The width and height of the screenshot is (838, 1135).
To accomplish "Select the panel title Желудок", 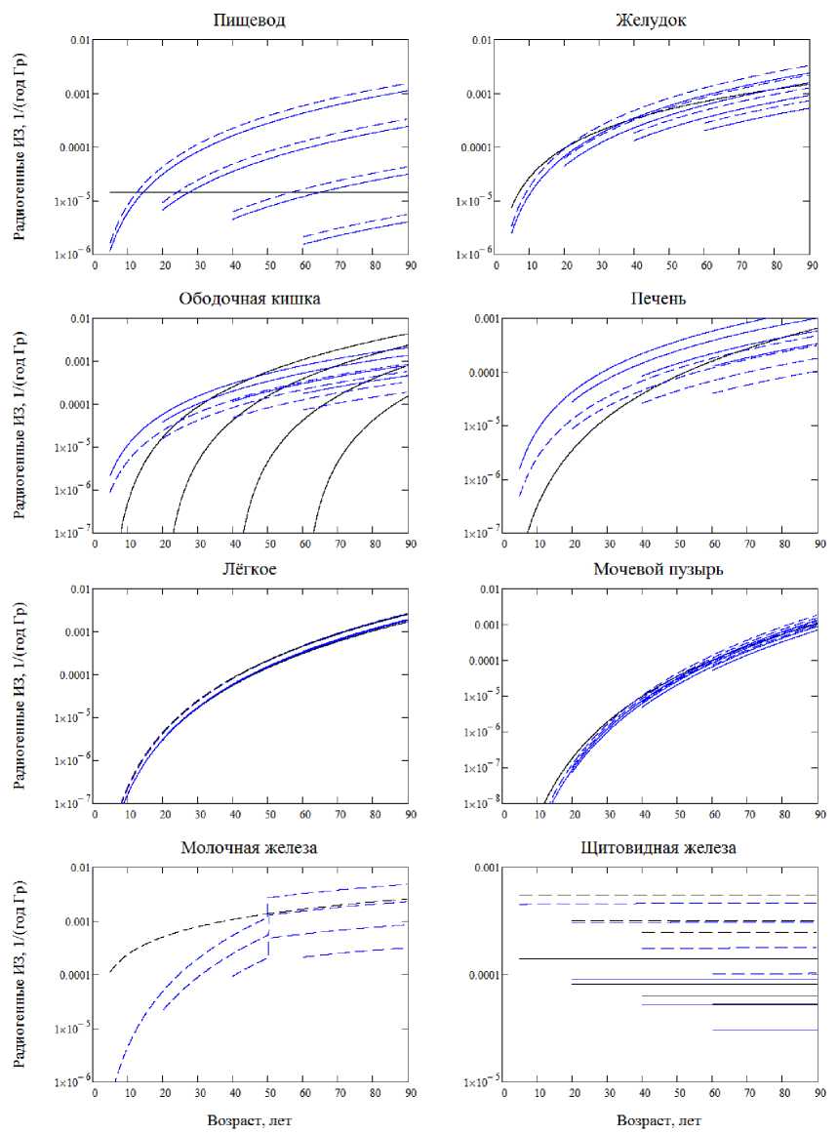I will tap(659, 20).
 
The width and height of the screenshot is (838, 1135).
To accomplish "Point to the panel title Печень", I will tap(659, 298).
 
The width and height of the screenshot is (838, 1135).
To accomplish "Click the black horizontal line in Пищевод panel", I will tap(293, 192).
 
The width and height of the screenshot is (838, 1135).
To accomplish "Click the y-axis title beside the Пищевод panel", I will tap(20, 146).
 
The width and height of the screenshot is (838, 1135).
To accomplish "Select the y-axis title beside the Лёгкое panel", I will tap(20, 697).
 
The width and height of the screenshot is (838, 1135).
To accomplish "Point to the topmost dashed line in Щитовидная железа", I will tap(659, 895).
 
